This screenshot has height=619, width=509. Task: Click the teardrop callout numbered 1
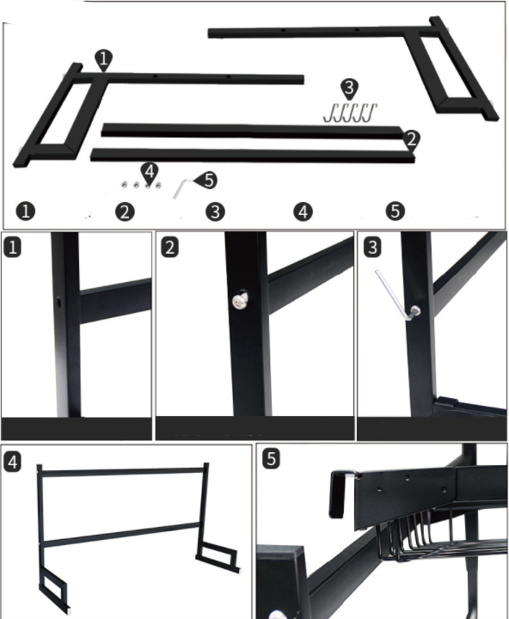[x=103, y=60]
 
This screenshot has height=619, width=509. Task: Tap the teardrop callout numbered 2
[x=412, y=140]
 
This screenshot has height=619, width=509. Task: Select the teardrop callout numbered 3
[x=349, y=89]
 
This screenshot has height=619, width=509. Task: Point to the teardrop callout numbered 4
[x=150, y=173]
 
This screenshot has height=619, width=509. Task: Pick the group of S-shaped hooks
[x=350, y=113]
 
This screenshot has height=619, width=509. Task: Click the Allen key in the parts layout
[x=181, y=188]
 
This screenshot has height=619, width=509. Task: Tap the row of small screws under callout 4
[x=141, y=185]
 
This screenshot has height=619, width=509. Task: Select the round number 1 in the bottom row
[x=26, y=211]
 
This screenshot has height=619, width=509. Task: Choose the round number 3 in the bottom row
[x=215, y=211]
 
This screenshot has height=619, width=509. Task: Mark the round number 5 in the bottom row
[x=396, y=211]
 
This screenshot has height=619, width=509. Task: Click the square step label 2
[x=169, y=248]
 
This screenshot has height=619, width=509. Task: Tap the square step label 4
[x=12, y=462]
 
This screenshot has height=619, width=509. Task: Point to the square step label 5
[x=271, y=459]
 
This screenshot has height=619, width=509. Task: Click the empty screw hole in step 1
[x=58, y=303]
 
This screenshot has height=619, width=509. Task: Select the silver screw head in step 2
[x=240, y=301]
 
